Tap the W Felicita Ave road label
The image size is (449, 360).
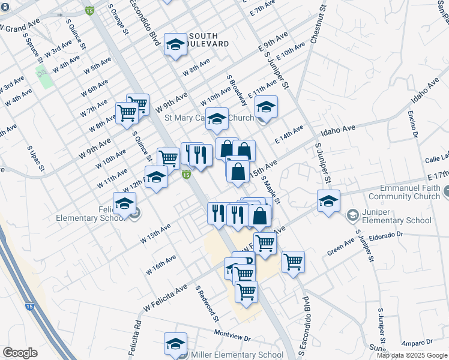[166, 299]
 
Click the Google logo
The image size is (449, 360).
[20, 353]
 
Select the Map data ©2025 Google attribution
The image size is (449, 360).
[412, 355]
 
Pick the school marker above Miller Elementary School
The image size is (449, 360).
[176, 344]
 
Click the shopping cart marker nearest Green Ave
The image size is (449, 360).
[293, 262]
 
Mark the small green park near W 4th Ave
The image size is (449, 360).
[43, 76]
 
